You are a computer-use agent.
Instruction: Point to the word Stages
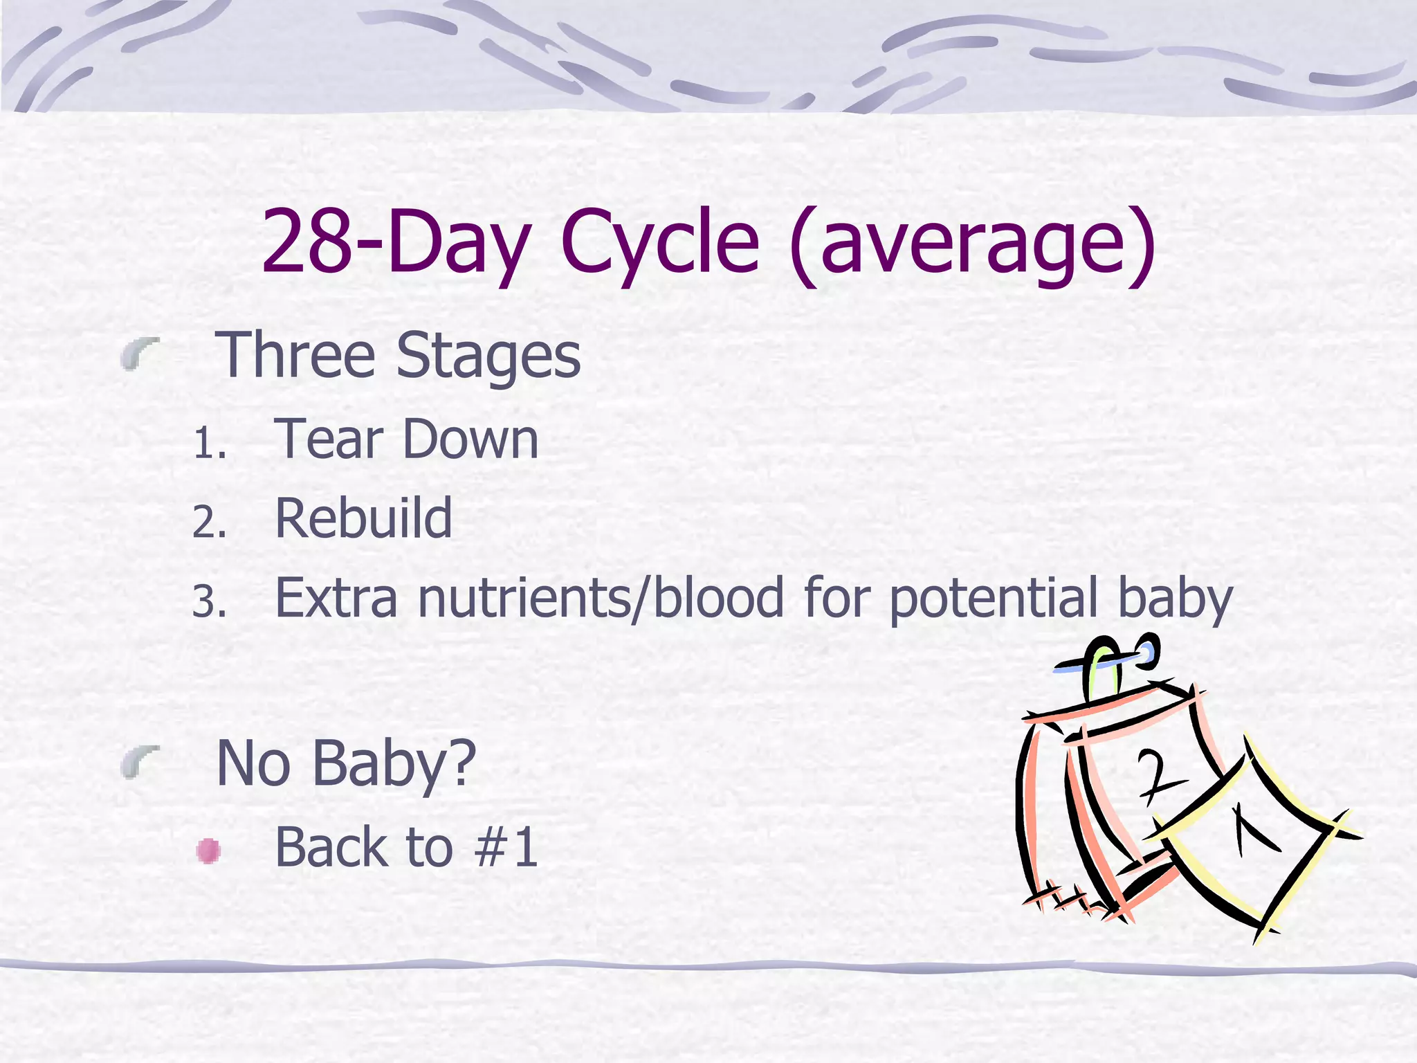click(488, 356)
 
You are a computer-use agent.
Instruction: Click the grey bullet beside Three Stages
click(140, 354)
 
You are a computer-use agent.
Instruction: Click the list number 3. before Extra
click(210, 601)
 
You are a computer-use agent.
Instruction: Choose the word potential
click(994, 599)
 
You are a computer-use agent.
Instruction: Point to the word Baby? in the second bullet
click(394, 764)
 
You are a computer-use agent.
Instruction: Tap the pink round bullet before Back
click(208, 851)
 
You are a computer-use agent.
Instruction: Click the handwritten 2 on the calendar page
click(1160, 776)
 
